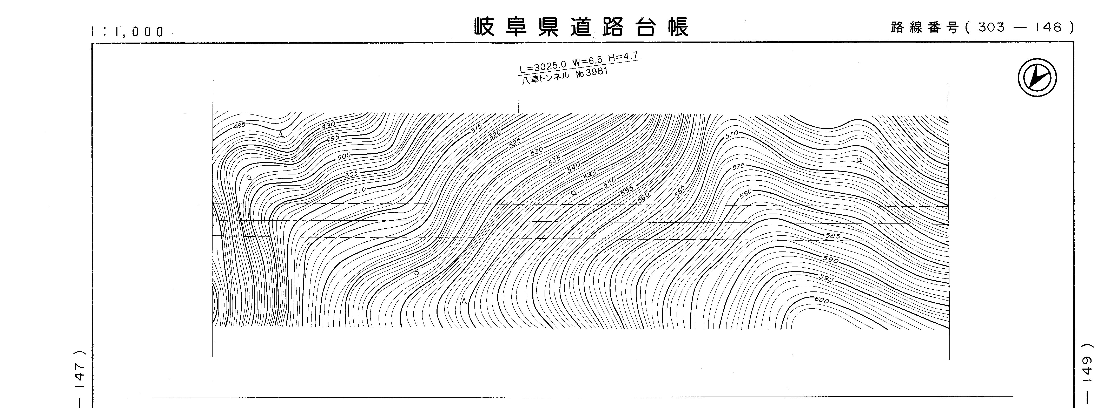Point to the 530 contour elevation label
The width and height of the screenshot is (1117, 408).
pos(537,151)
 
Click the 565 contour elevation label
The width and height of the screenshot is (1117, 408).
pos(680,191)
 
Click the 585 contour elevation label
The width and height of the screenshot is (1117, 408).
pos(833,236)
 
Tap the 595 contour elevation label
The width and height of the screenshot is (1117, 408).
pos(826,278)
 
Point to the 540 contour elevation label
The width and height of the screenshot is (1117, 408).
pos(574,168)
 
